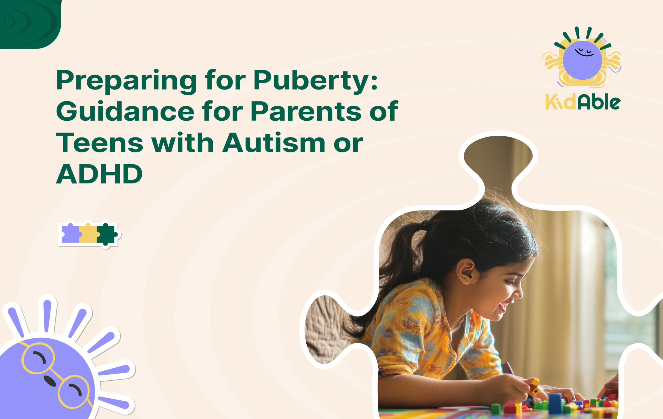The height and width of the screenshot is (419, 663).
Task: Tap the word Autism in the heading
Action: [x=274, y=143]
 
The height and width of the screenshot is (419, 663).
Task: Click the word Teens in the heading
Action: [x=100, y=143]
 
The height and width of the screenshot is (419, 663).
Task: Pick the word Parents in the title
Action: [x=306, y=112]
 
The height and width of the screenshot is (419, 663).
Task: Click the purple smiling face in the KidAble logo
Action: [x=582, y=60]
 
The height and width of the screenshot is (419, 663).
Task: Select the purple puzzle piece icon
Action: [x=70, y=234]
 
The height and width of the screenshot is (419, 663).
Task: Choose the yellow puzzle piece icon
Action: [x=88, y=234]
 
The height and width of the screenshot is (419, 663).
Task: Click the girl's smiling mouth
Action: [x=502, y=307]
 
